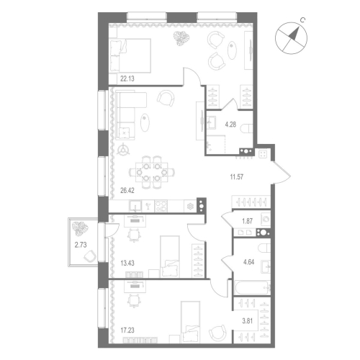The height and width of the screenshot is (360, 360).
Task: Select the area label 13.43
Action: pyautogui.click(x=127, y=263)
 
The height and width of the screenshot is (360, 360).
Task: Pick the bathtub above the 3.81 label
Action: pyautogui.click(x=251, y=289)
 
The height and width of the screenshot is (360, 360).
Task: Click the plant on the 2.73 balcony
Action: pyautogui.click(x=79, y=230)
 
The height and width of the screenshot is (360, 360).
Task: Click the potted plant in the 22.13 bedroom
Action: pyautogui.click(x=178, y=40)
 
